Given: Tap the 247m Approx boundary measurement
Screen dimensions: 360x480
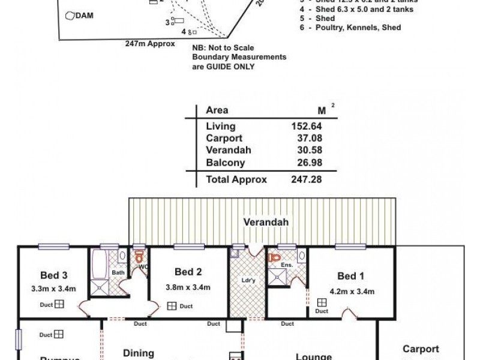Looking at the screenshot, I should click(x=150, y=44).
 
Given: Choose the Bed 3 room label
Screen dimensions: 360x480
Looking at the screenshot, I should click(x=53, y=276).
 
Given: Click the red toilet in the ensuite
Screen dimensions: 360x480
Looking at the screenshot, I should click(x=276, y=258).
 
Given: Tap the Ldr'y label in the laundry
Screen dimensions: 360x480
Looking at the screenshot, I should click(x=246, y=281).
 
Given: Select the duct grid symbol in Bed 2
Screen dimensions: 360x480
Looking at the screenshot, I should click(x=172, y=306).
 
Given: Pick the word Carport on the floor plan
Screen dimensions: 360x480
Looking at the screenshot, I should click(x=421, y=349).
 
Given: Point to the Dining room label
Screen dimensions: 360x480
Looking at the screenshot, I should click(x=139, y=353).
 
